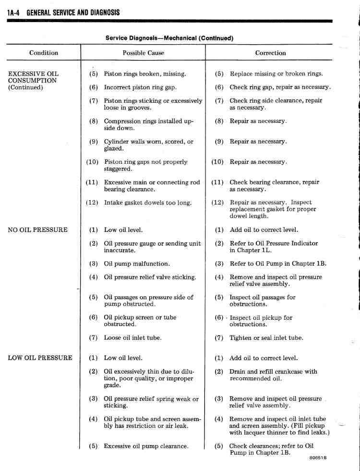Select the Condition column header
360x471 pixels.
tap(44, 53)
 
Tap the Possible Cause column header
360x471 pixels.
tap(143, 53)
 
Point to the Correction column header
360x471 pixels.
tap(270, 53)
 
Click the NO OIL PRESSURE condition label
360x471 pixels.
tap(38, 230)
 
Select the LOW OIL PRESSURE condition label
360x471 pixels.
tap(40, 358)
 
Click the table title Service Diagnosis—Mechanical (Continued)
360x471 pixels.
tap(169, 38)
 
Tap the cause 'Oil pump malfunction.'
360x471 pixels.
tap(137, 264)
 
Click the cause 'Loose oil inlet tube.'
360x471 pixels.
tap(133, 338)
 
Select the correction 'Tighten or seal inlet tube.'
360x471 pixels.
tap(266, 338)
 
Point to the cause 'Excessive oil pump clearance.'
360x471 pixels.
tap(146, 446)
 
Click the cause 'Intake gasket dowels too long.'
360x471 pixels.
tap(148, 203)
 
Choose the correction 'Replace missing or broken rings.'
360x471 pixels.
tap(276, 74)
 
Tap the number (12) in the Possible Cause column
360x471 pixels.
tap(92, 203)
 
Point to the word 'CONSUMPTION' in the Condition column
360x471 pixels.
tap(33, 81)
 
